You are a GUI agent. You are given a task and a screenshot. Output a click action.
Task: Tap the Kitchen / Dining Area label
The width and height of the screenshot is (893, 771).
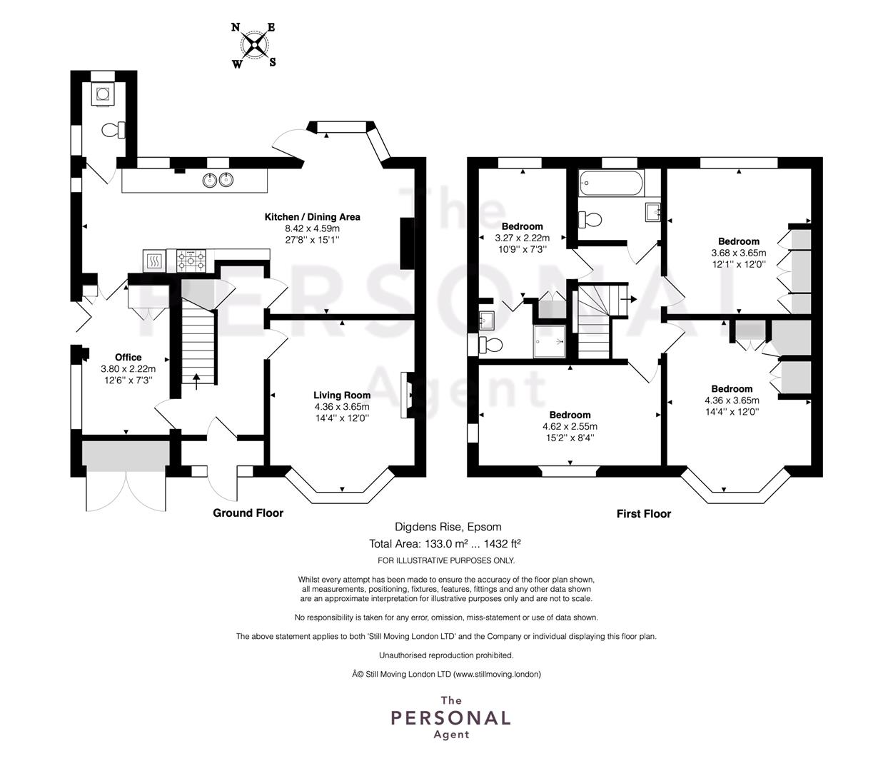click(x=312, y=217)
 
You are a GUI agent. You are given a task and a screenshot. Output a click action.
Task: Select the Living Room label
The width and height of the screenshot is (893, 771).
click(x=342, y=395)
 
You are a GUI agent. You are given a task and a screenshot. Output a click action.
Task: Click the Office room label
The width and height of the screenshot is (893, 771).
click(x=128, y=358)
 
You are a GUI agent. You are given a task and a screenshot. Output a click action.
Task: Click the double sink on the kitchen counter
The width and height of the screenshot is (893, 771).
click(x=218, y=179)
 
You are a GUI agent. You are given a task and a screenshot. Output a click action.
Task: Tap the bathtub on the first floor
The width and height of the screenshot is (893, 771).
click(x=611, y=183)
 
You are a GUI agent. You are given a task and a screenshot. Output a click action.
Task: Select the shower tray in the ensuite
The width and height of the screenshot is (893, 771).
click(x=549, y=341)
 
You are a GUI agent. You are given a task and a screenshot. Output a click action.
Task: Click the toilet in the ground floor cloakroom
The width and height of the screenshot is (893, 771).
click(x=113, y=130)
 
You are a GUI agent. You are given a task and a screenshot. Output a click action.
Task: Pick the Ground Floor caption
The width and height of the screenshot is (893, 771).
click(x=248, y=513)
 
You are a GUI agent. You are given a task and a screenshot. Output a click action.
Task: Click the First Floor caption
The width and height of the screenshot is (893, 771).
click(x=643, y=514)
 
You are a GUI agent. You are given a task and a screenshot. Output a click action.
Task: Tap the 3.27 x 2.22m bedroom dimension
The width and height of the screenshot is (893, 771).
click(x=522, y=238)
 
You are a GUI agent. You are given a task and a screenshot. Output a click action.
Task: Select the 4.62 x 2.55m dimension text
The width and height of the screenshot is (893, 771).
click(x=570, y=427)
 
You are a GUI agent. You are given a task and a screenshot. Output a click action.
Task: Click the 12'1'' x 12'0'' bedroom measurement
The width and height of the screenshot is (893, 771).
click(x=739, y=264)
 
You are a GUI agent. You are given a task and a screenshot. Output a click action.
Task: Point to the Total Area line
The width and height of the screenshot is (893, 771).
click(x=445, y=544)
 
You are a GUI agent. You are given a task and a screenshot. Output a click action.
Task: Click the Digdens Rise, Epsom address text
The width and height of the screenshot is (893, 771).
click(x=448, y=527)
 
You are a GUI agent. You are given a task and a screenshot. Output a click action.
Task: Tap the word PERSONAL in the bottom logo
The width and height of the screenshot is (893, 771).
click(x=450, y=718)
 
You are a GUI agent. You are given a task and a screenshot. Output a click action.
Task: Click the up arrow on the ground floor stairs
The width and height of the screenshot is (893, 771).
click(x=196, y=382)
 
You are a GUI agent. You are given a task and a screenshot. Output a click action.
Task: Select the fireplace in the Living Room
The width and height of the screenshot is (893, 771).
click(x=407, y=395)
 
